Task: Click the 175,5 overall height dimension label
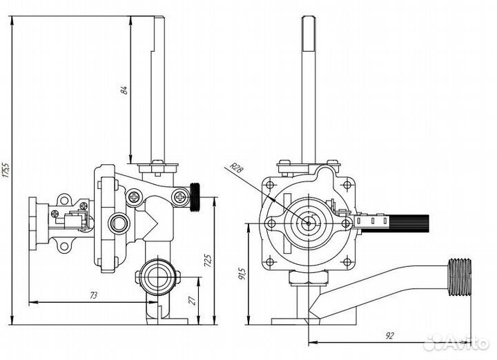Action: (x=6, y=170)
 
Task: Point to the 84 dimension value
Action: (x=124, y=89)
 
